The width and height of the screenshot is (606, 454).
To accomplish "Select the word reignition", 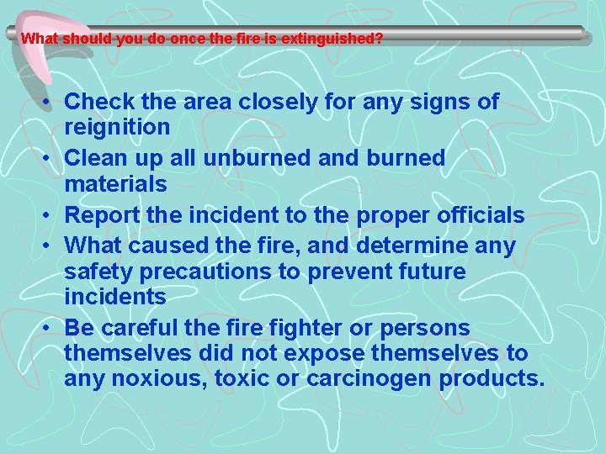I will pyautogui.click(x=117, y=128).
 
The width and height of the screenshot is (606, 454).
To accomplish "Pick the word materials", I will pyautogui.click(x=115, y=183).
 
